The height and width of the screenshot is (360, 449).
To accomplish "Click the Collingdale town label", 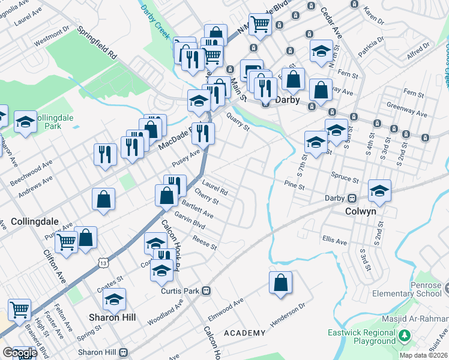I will pyautogui.click(x=30, y=221).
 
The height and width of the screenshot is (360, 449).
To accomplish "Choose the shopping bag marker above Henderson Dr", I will pyautogui.click(x=280, y=283).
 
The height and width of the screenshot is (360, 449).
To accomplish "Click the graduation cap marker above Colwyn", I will pyautogui.click(x=379, y=191).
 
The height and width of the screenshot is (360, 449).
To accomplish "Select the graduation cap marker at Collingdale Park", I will pyautogui.click(x=25, y=122).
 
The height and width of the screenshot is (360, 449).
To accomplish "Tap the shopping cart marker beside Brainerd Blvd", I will pyautogui.click(x=20, y=310).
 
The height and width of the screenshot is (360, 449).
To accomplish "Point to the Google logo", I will pyautogui.click(x=20, y=353).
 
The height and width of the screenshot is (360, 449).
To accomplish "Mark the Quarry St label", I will pyautogui.click(x=238, y=123).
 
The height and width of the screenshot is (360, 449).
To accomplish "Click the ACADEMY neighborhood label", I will pyautogui.click(x=244, y=333).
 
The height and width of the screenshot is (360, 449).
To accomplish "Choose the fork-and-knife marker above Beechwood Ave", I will pyautogui.click(x=105, y=154).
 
